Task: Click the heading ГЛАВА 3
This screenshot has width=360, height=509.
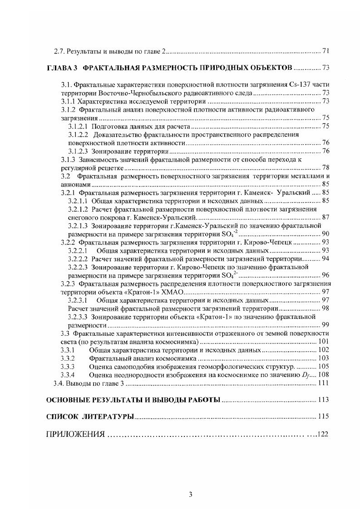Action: tap(62, 68)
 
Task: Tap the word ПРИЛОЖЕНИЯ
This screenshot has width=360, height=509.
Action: tap(75, 434)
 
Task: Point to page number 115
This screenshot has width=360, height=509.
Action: tap(323, 416)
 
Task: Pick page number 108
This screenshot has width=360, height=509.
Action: tap(323, 375)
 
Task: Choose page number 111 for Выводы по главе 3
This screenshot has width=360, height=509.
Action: tap(323, 384)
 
